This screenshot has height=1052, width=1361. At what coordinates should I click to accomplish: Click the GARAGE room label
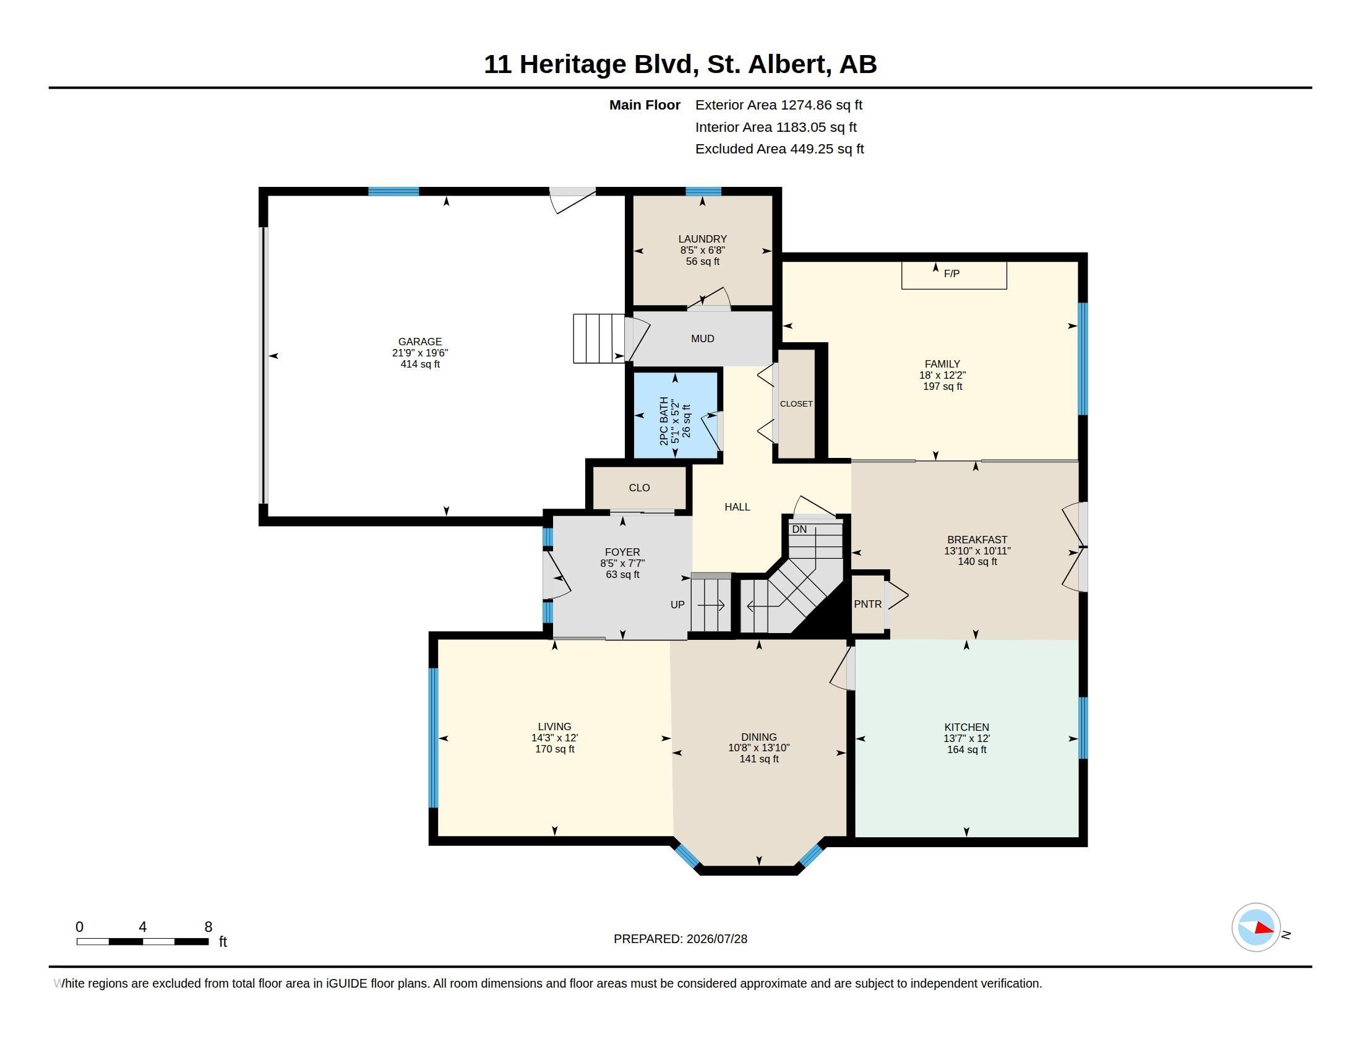point(420,342)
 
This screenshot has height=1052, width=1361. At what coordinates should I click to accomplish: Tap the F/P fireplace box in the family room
point(954,275)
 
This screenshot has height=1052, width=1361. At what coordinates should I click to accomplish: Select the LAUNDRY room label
point(702,239)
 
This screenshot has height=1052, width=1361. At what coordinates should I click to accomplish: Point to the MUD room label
point(702,338)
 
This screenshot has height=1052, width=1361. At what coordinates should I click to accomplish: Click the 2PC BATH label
point(664,421)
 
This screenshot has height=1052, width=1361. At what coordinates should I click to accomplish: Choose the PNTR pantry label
point(867,604)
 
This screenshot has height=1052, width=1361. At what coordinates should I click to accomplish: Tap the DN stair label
point(799,529)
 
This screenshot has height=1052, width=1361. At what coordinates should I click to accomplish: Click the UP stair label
point(677,605)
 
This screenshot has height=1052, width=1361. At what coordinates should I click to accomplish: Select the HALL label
point(737,507)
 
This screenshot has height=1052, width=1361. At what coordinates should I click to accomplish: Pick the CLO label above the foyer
point(640,488)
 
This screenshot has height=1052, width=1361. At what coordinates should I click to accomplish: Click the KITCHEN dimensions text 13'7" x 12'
point(966,738)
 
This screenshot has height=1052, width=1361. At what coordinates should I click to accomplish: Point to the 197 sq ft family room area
point(942,386)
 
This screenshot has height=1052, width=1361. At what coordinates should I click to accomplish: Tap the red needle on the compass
point(1264,928)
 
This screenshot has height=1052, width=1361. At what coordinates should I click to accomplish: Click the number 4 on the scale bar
point(143,927)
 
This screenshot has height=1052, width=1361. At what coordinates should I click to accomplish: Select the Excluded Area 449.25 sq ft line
point(779,149)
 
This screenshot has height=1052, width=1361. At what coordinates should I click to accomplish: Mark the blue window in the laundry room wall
point(703,191)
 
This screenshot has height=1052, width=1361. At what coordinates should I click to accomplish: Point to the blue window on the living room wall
point(434,738)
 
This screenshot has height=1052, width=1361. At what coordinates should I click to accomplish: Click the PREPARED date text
point(680,939)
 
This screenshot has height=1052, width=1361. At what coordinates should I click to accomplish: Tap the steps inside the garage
point(599,338)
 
